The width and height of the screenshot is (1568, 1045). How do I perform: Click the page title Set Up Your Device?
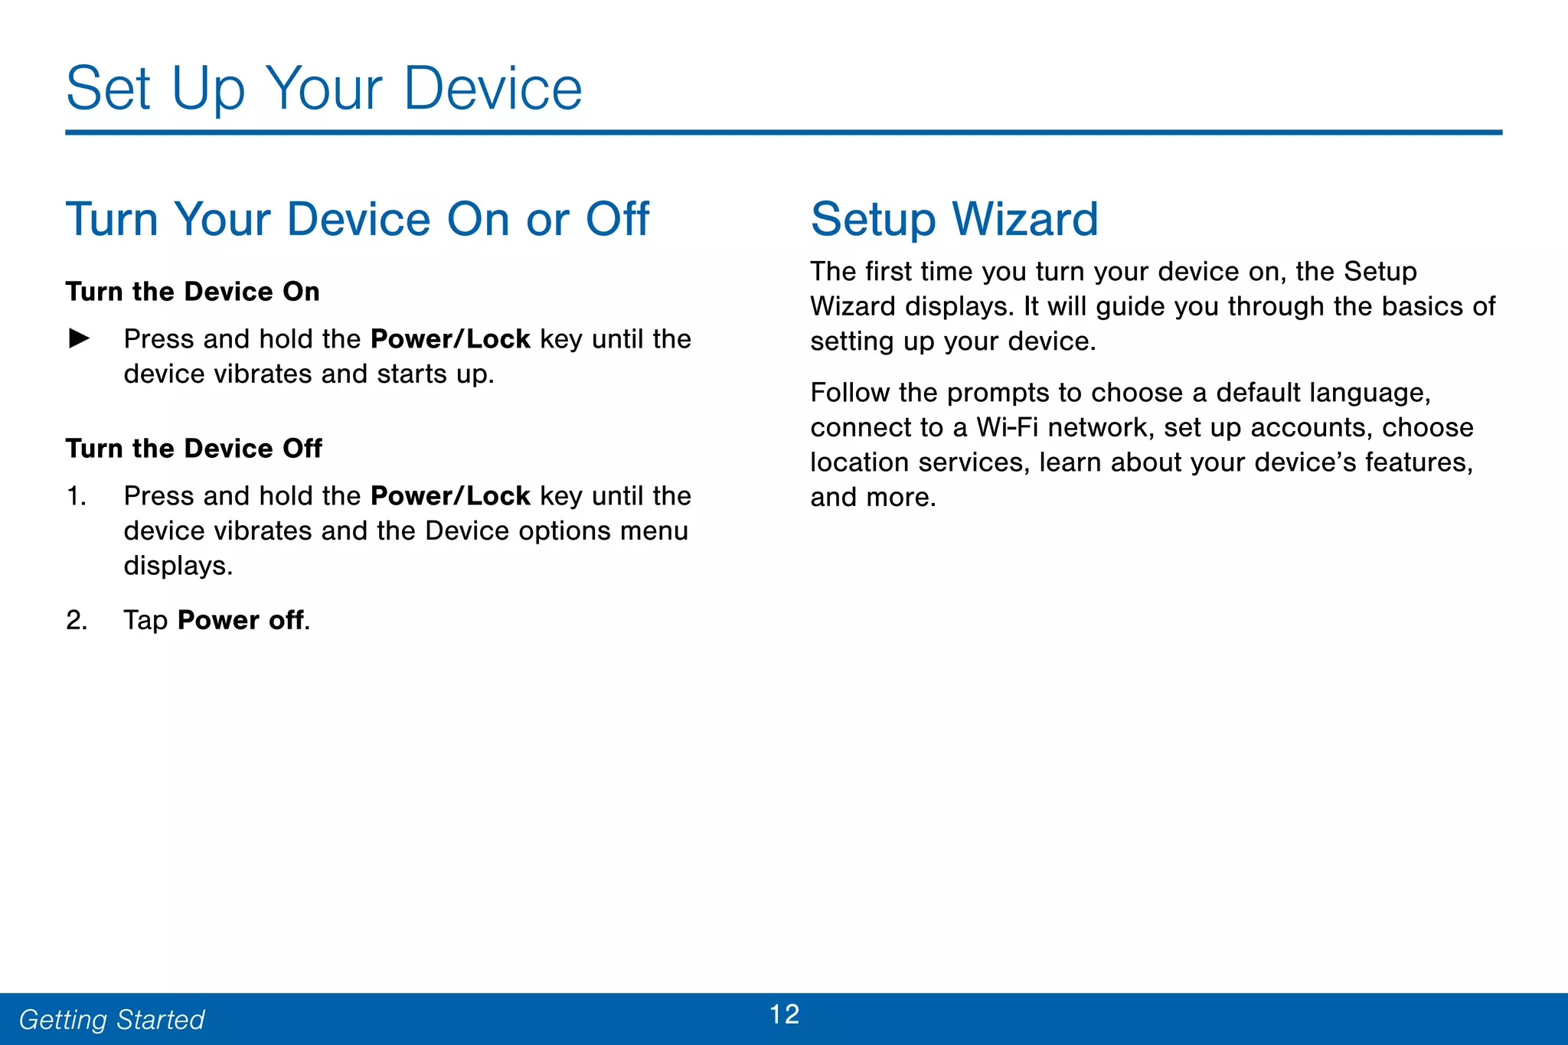324,89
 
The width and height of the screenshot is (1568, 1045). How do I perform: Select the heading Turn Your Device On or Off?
357,220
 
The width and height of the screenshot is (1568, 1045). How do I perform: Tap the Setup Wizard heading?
954,220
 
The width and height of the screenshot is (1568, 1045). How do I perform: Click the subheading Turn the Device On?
192,292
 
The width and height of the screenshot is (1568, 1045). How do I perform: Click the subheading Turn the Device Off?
194,449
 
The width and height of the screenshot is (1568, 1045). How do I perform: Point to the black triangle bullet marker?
79,338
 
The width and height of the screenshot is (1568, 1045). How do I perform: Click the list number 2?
76,620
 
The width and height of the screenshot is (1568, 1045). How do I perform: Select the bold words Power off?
240,620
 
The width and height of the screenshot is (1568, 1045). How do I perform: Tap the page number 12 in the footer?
784,1014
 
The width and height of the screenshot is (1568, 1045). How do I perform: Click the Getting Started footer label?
112,1020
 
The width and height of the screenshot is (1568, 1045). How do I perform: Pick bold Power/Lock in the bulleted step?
450,339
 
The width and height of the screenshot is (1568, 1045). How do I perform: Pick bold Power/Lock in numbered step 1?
450,496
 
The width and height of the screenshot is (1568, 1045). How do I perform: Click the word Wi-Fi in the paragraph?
1007,427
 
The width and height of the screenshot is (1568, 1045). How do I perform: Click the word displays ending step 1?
177,567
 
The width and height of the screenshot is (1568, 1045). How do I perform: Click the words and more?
873,498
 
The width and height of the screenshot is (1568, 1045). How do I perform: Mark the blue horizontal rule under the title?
783,132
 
